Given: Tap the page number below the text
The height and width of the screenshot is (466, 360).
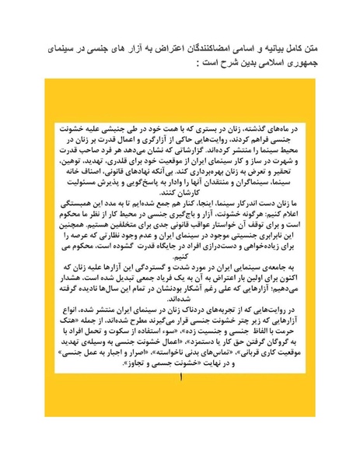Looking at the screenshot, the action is coord(181,378).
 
